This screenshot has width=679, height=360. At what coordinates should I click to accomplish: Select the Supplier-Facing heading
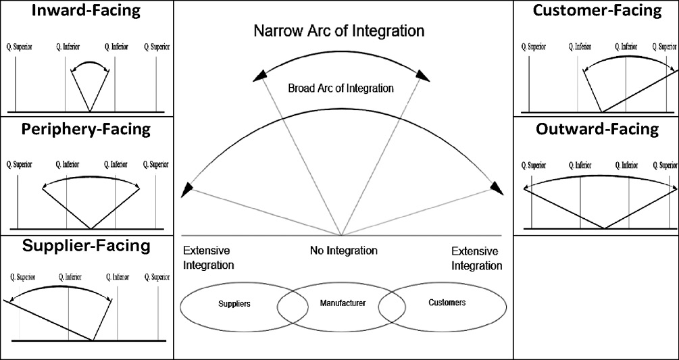click(x=86, y=245)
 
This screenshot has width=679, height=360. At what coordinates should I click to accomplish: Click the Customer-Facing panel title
click(x=597, y=11)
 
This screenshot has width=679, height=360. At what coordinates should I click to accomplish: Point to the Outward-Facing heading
click(x=597, y=129)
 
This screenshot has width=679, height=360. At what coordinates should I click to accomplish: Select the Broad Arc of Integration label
click(x=341, y=88)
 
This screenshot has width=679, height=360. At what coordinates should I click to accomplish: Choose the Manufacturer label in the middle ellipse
click(x=342, y=303)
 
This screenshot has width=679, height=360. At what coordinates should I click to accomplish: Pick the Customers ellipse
click(x=447, y=303)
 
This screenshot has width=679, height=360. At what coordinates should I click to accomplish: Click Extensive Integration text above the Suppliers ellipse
click(x=208, y=258)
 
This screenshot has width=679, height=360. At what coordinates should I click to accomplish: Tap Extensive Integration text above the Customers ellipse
click(x=476, y=258)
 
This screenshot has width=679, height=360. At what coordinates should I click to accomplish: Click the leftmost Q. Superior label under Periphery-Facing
click(x=18, y=163)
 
